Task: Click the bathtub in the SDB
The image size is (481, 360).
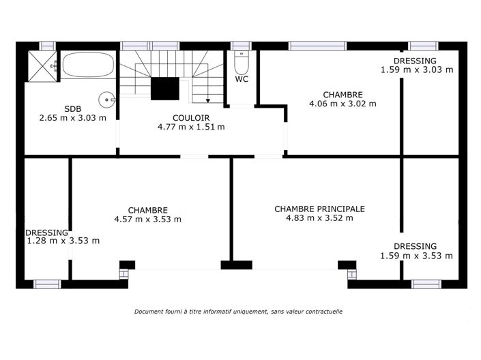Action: point(87,67)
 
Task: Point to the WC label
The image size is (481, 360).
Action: point(242,79)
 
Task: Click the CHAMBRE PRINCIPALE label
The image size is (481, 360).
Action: point(319,209)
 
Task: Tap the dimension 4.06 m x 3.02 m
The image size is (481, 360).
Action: point(342,104)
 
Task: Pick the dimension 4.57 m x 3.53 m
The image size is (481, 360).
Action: point(147,220)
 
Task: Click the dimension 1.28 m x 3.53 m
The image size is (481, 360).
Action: point(63,241)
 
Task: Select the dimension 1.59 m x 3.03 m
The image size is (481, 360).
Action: point(416,70)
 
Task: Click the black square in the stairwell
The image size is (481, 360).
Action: point(164,89)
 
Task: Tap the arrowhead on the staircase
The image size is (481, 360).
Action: point(207,99)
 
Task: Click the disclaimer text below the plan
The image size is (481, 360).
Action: point(238,312)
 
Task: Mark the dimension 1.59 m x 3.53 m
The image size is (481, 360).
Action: point(416,256)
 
